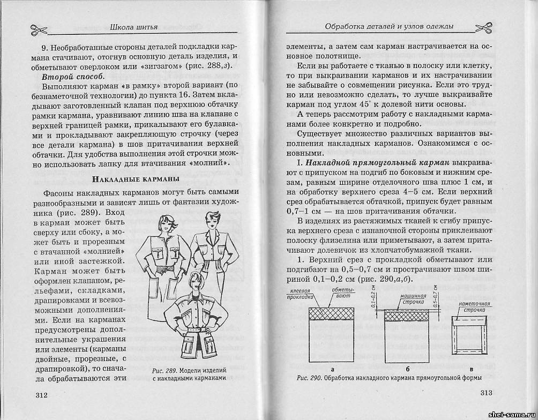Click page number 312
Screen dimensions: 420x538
point(41,395)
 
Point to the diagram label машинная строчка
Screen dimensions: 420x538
point(413,298)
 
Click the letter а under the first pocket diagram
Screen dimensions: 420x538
point(333,370)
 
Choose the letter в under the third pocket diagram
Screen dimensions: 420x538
point(470,370)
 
